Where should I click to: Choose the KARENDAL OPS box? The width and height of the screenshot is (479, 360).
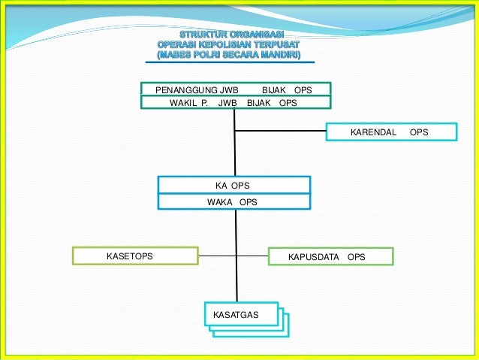tap(391, 132)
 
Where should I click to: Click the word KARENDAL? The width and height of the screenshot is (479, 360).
tap(373, 132)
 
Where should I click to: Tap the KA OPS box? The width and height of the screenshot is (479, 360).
tap(233, 185)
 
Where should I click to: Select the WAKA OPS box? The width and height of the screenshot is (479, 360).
tap(233, 202)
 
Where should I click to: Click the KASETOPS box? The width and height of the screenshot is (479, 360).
tap(135, 256)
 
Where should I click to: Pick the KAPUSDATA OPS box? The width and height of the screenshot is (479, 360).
tap(330, 257)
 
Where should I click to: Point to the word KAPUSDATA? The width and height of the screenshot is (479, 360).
tap(314, 257)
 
